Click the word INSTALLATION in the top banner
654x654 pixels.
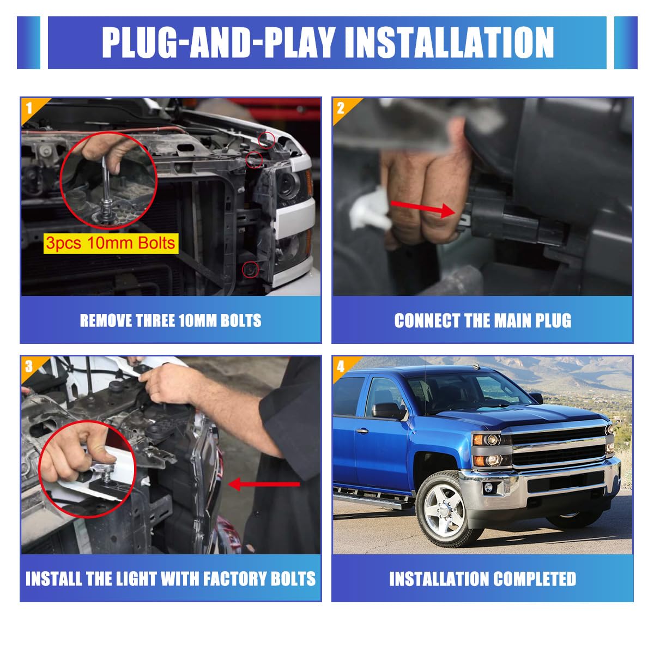[x=449, y=43]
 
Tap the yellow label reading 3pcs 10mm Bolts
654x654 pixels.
[x=111, y=243]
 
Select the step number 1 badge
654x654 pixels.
[x=29, y=108]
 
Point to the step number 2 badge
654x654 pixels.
[x=341, y=108]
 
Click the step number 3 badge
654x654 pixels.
[x=29, y=367]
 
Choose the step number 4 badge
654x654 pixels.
[x=341, y=367]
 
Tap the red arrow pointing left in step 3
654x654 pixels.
[x=264, y=484]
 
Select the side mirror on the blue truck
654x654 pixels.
[x=389, y=411]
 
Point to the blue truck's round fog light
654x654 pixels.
[x=488, y=488]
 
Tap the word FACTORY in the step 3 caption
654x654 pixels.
[x=232, y=579]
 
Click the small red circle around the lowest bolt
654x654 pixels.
[x=251, y=269]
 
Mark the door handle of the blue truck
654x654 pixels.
[x=362, y=431]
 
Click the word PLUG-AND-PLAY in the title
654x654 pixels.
[x=219, y=43]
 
